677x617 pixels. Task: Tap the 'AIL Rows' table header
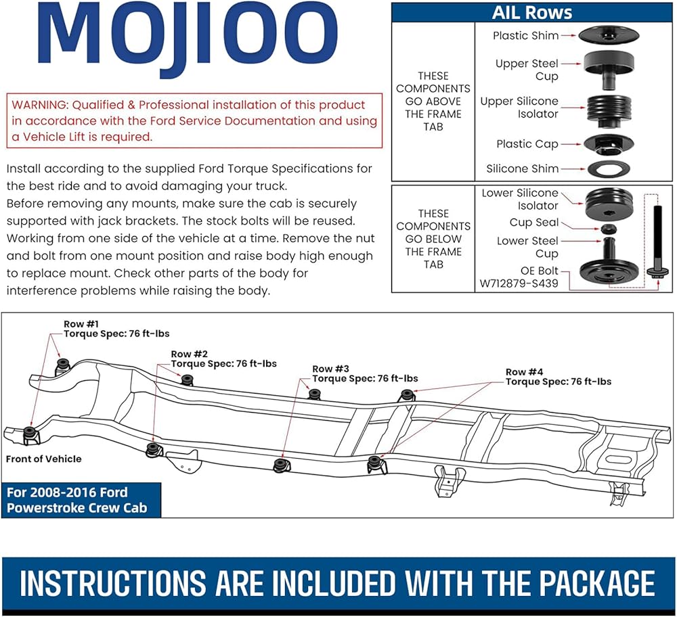[532, 12]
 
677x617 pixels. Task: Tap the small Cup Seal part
[609, 228]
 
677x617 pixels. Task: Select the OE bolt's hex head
[657, 272]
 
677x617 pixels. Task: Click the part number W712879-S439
[519, 283]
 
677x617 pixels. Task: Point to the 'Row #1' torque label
[116, 329]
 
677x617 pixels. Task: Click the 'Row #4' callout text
[559, 377]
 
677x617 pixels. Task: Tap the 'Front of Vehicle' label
[43, 459]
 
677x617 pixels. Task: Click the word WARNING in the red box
[40, 105]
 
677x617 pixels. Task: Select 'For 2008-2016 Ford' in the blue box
[67, 493]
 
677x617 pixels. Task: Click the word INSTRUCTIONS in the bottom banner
[113, 583]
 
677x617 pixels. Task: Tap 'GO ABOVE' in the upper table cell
[433, 101]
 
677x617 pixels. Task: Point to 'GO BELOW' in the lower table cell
[433, 239]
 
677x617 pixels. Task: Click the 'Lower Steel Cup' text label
[527, 247]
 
